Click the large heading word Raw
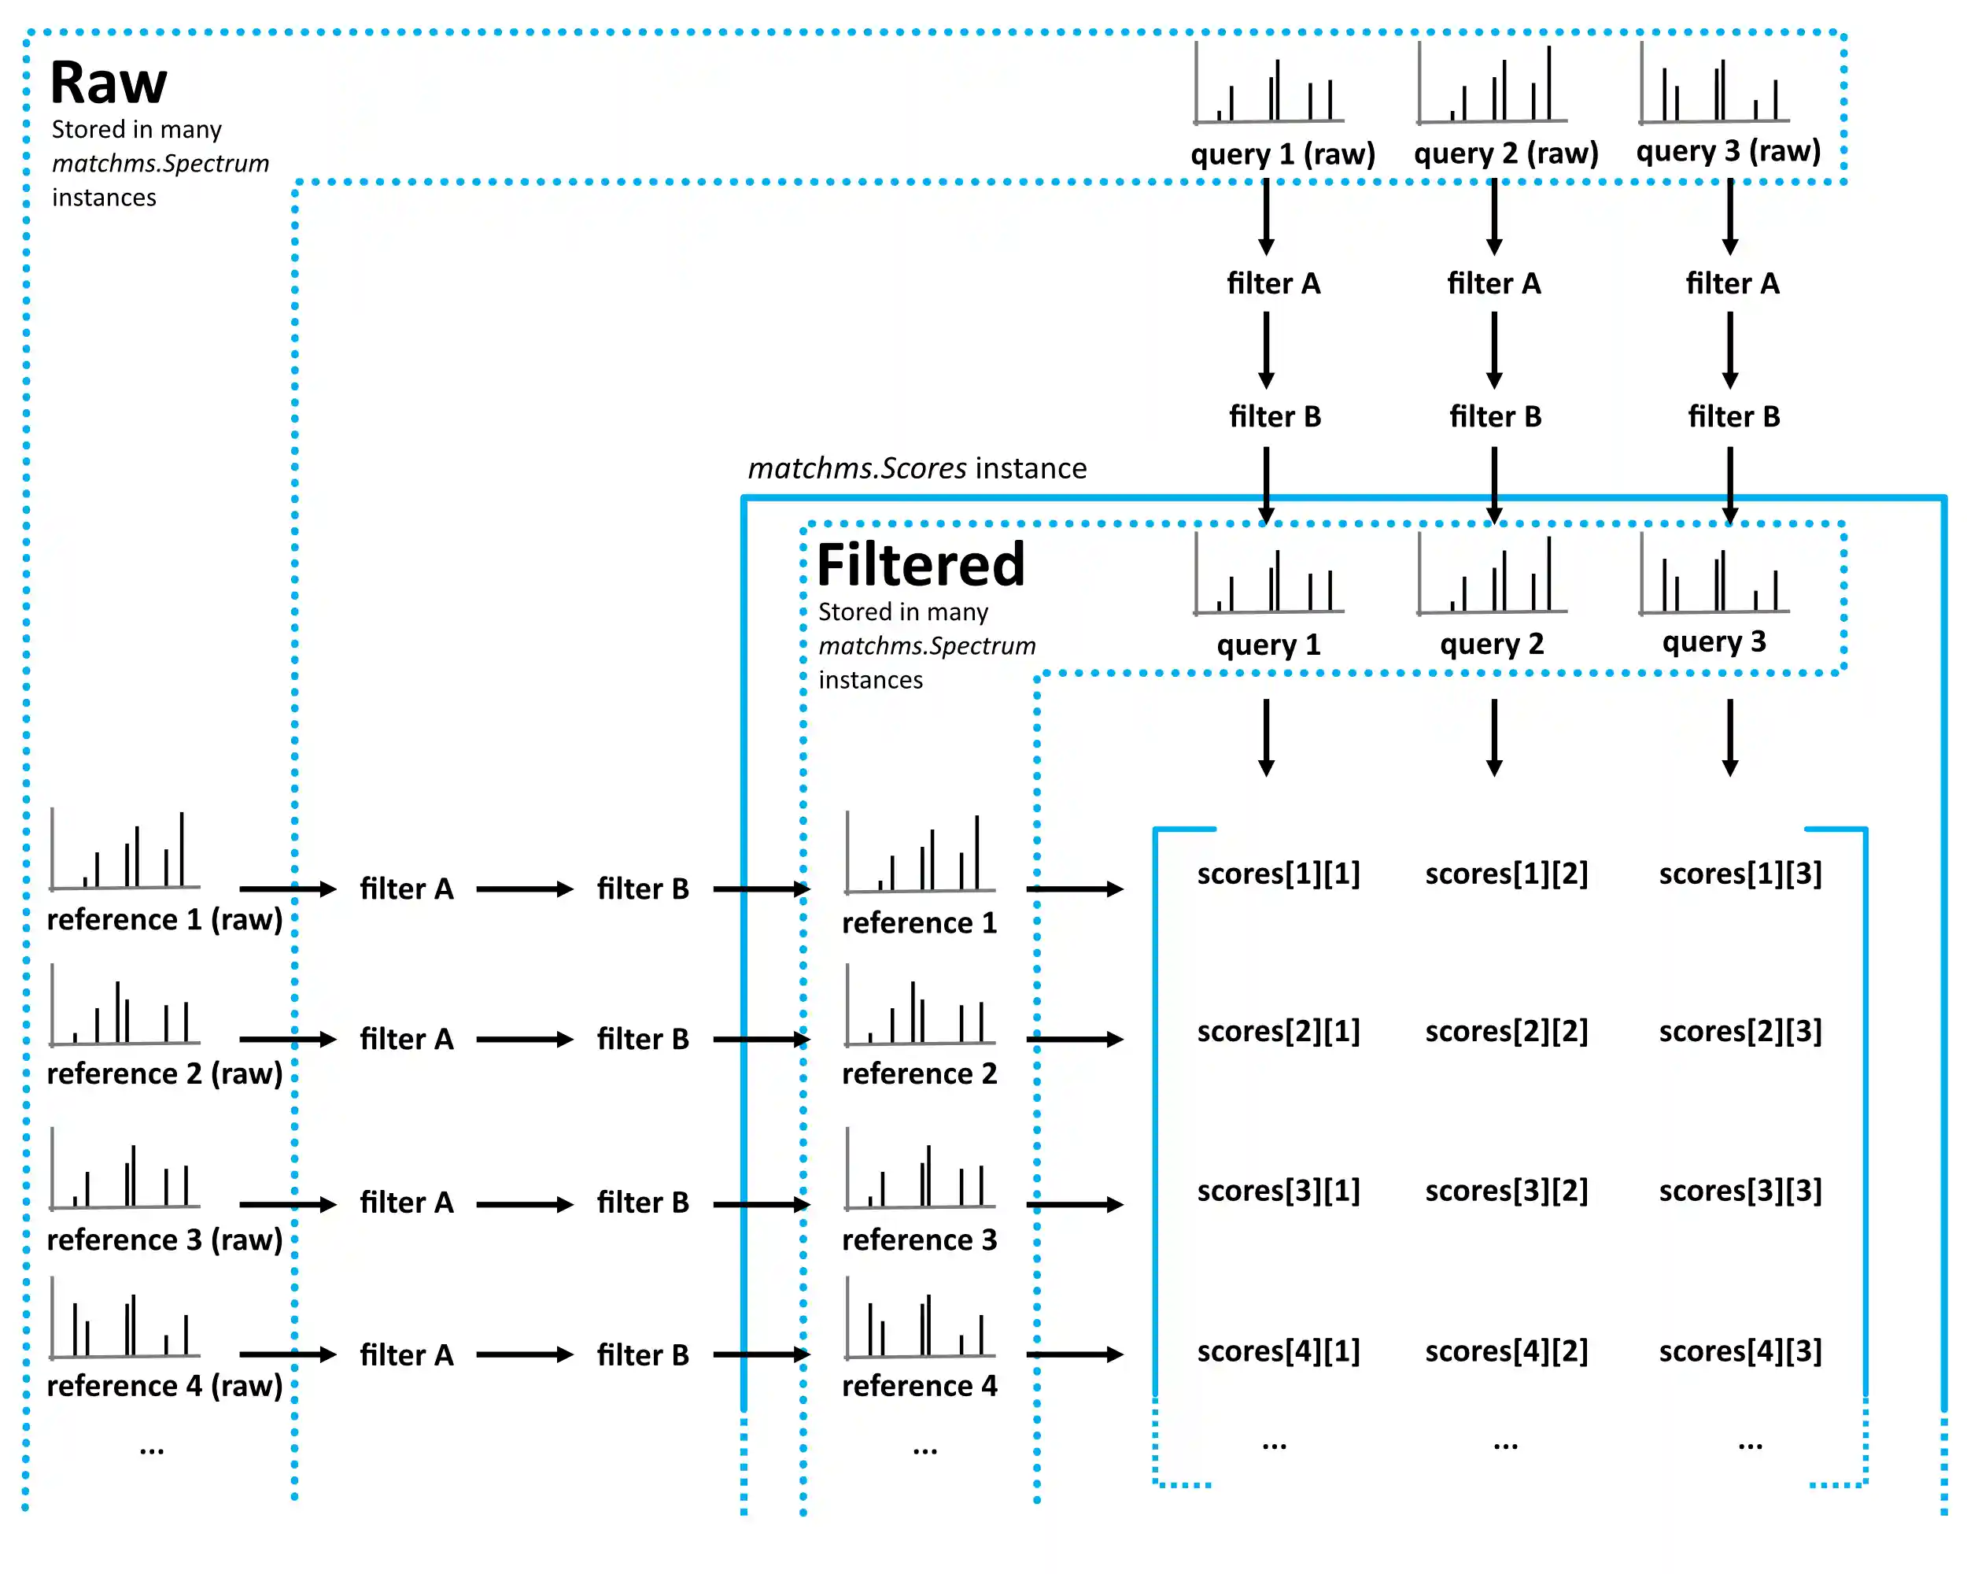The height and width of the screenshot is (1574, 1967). click(x=109, y=83)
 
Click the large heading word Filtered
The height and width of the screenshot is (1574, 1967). click(x=920, y=565)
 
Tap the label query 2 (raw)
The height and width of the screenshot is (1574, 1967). click(x=1505, y=153)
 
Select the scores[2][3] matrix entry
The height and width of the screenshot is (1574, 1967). click(x=1739, y=1031)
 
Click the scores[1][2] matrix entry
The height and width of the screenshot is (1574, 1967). click(x=1505, y=874)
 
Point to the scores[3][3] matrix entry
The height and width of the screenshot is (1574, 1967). click(x=1739, y=1191)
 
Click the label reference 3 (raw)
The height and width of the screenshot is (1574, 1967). click(x=164, y=1239)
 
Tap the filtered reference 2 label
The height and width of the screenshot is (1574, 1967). click(x=919, y=1073)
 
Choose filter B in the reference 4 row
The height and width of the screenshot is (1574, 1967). click(x=642, y=1355)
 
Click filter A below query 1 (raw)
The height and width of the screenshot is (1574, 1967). click(x=1273, y=284)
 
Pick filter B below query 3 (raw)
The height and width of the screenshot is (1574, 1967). click(x=1733, y=417)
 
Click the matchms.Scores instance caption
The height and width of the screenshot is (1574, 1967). click(x=917, y=468)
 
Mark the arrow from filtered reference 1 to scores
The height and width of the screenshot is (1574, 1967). click(x=1074, y=889)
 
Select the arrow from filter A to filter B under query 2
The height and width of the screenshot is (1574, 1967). click(x=1493, y=349)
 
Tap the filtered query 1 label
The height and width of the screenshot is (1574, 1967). click(x=1268, y=645)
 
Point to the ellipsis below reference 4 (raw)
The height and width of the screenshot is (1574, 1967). click(x=151, y=1449)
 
